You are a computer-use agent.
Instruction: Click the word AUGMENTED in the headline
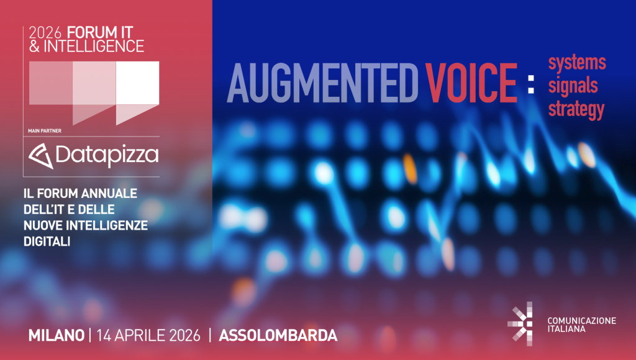click(322, 83)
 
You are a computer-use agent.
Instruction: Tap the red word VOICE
click(471, 83)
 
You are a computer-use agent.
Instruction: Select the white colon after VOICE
click(531, 84)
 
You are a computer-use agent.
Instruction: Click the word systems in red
click(577, 63)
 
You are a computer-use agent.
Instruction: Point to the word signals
click(573, 86)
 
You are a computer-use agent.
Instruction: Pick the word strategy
click(576, 109)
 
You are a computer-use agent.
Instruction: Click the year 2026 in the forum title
click(45, 32)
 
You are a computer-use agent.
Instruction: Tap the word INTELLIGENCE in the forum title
click(94, 46)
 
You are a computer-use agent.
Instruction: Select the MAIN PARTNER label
click(45, 131)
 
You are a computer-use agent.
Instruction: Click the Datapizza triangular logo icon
click(40, 156)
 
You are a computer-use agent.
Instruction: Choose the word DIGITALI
click(47, 241)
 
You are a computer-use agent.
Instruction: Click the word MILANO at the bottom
click(57, 335)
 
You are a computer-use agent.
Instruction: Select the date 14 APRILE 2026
click(148, 335)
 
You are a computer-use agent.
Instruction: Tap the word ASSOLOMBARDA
click(278, 335)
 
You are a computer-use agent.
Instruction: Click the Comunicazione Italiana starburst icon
click(520, 323)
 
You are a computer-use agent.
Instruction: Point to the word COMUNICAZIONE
click(581, 321)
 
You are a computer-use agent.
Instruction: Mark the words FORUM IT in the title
click(100, 32)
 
